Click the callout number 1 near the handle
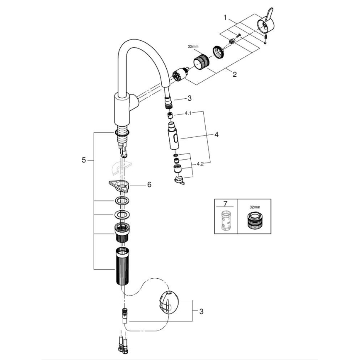coord(225,18)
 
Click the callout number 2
coord(234,75)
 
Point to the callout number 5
coord(84,160)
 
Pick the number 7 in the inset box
coord(225,204)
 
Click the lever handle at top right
coord(264,24)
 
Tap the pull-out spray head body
coord(174,137)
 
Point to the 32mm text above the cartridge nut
coord(194,47)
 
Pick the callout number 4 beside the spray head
coord(216,135)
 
